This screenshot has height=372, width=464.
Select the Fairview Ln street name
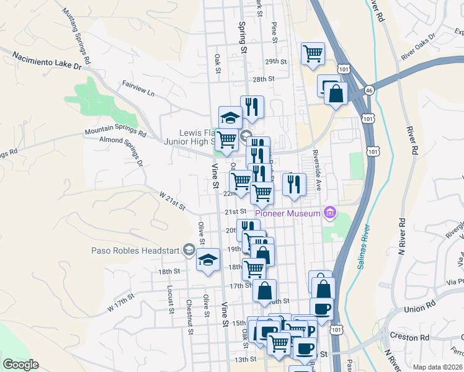point(138,87)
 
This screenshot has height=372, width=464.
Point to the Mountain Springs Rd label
point(115,132)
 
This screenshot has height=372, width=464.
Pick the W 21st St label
point(172,201)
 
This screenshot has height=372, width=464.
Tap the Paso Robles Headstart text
point(135,251)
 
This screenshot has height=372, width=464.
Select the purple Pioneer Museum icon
point(330,214)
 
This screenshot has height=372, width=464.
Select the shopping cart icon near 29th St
point(313,53)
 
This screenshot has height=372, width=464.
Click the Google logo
point(20,365)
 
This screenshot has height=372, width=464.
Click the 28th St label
point(263,79)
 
